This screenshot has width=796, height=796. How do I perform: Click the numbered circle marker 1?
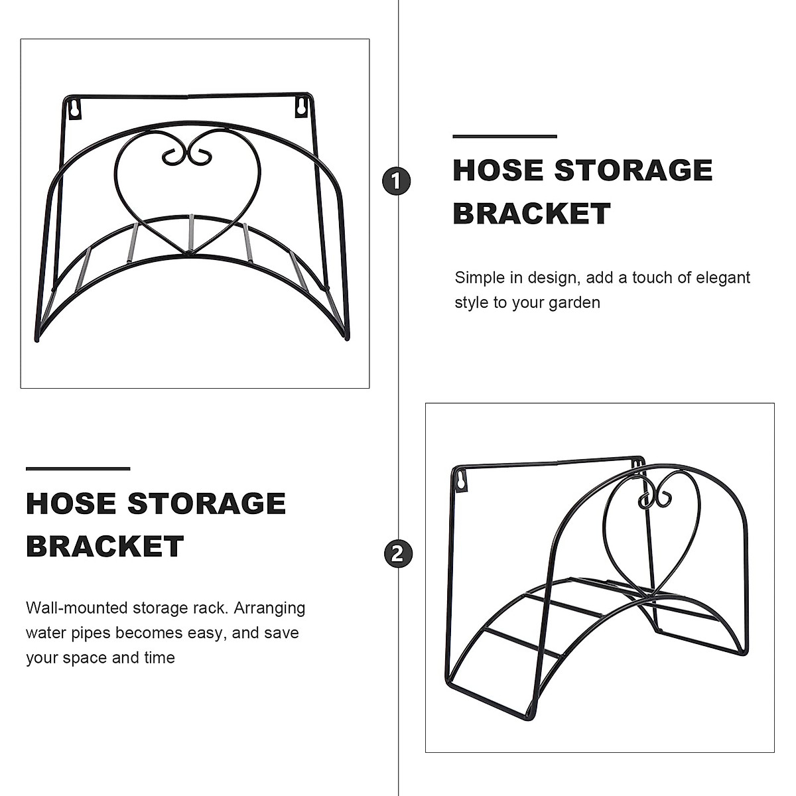point(397,181)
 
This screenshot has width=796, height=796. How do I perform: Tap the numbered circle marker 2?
point(397,554)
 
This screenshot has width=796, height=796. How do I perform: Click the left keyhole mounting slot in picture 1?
point(75,107)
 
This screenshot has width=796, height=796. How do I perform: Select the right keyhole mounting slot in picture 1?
point(302,106)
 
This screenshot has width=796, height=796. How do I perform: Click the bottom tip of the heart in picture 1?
point(188,253)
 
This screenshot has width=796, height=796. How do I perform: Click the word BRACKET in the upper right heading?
point(531,214)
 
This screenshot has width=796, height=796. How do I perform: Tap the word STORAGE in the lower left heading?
point(206,503)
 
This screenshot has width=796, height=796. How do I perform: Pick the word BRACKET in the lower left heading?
point(105,547)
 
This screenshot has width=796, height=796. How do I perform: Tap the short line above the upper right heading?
point(504,136)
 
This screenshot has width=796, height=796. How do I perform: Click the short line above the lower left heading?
point(78,469)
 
